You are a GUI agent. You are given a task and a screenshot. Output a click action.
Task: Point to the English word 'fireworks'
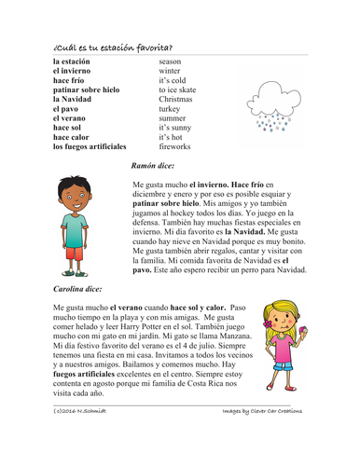pyautogui.click(x=177, y=146)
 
